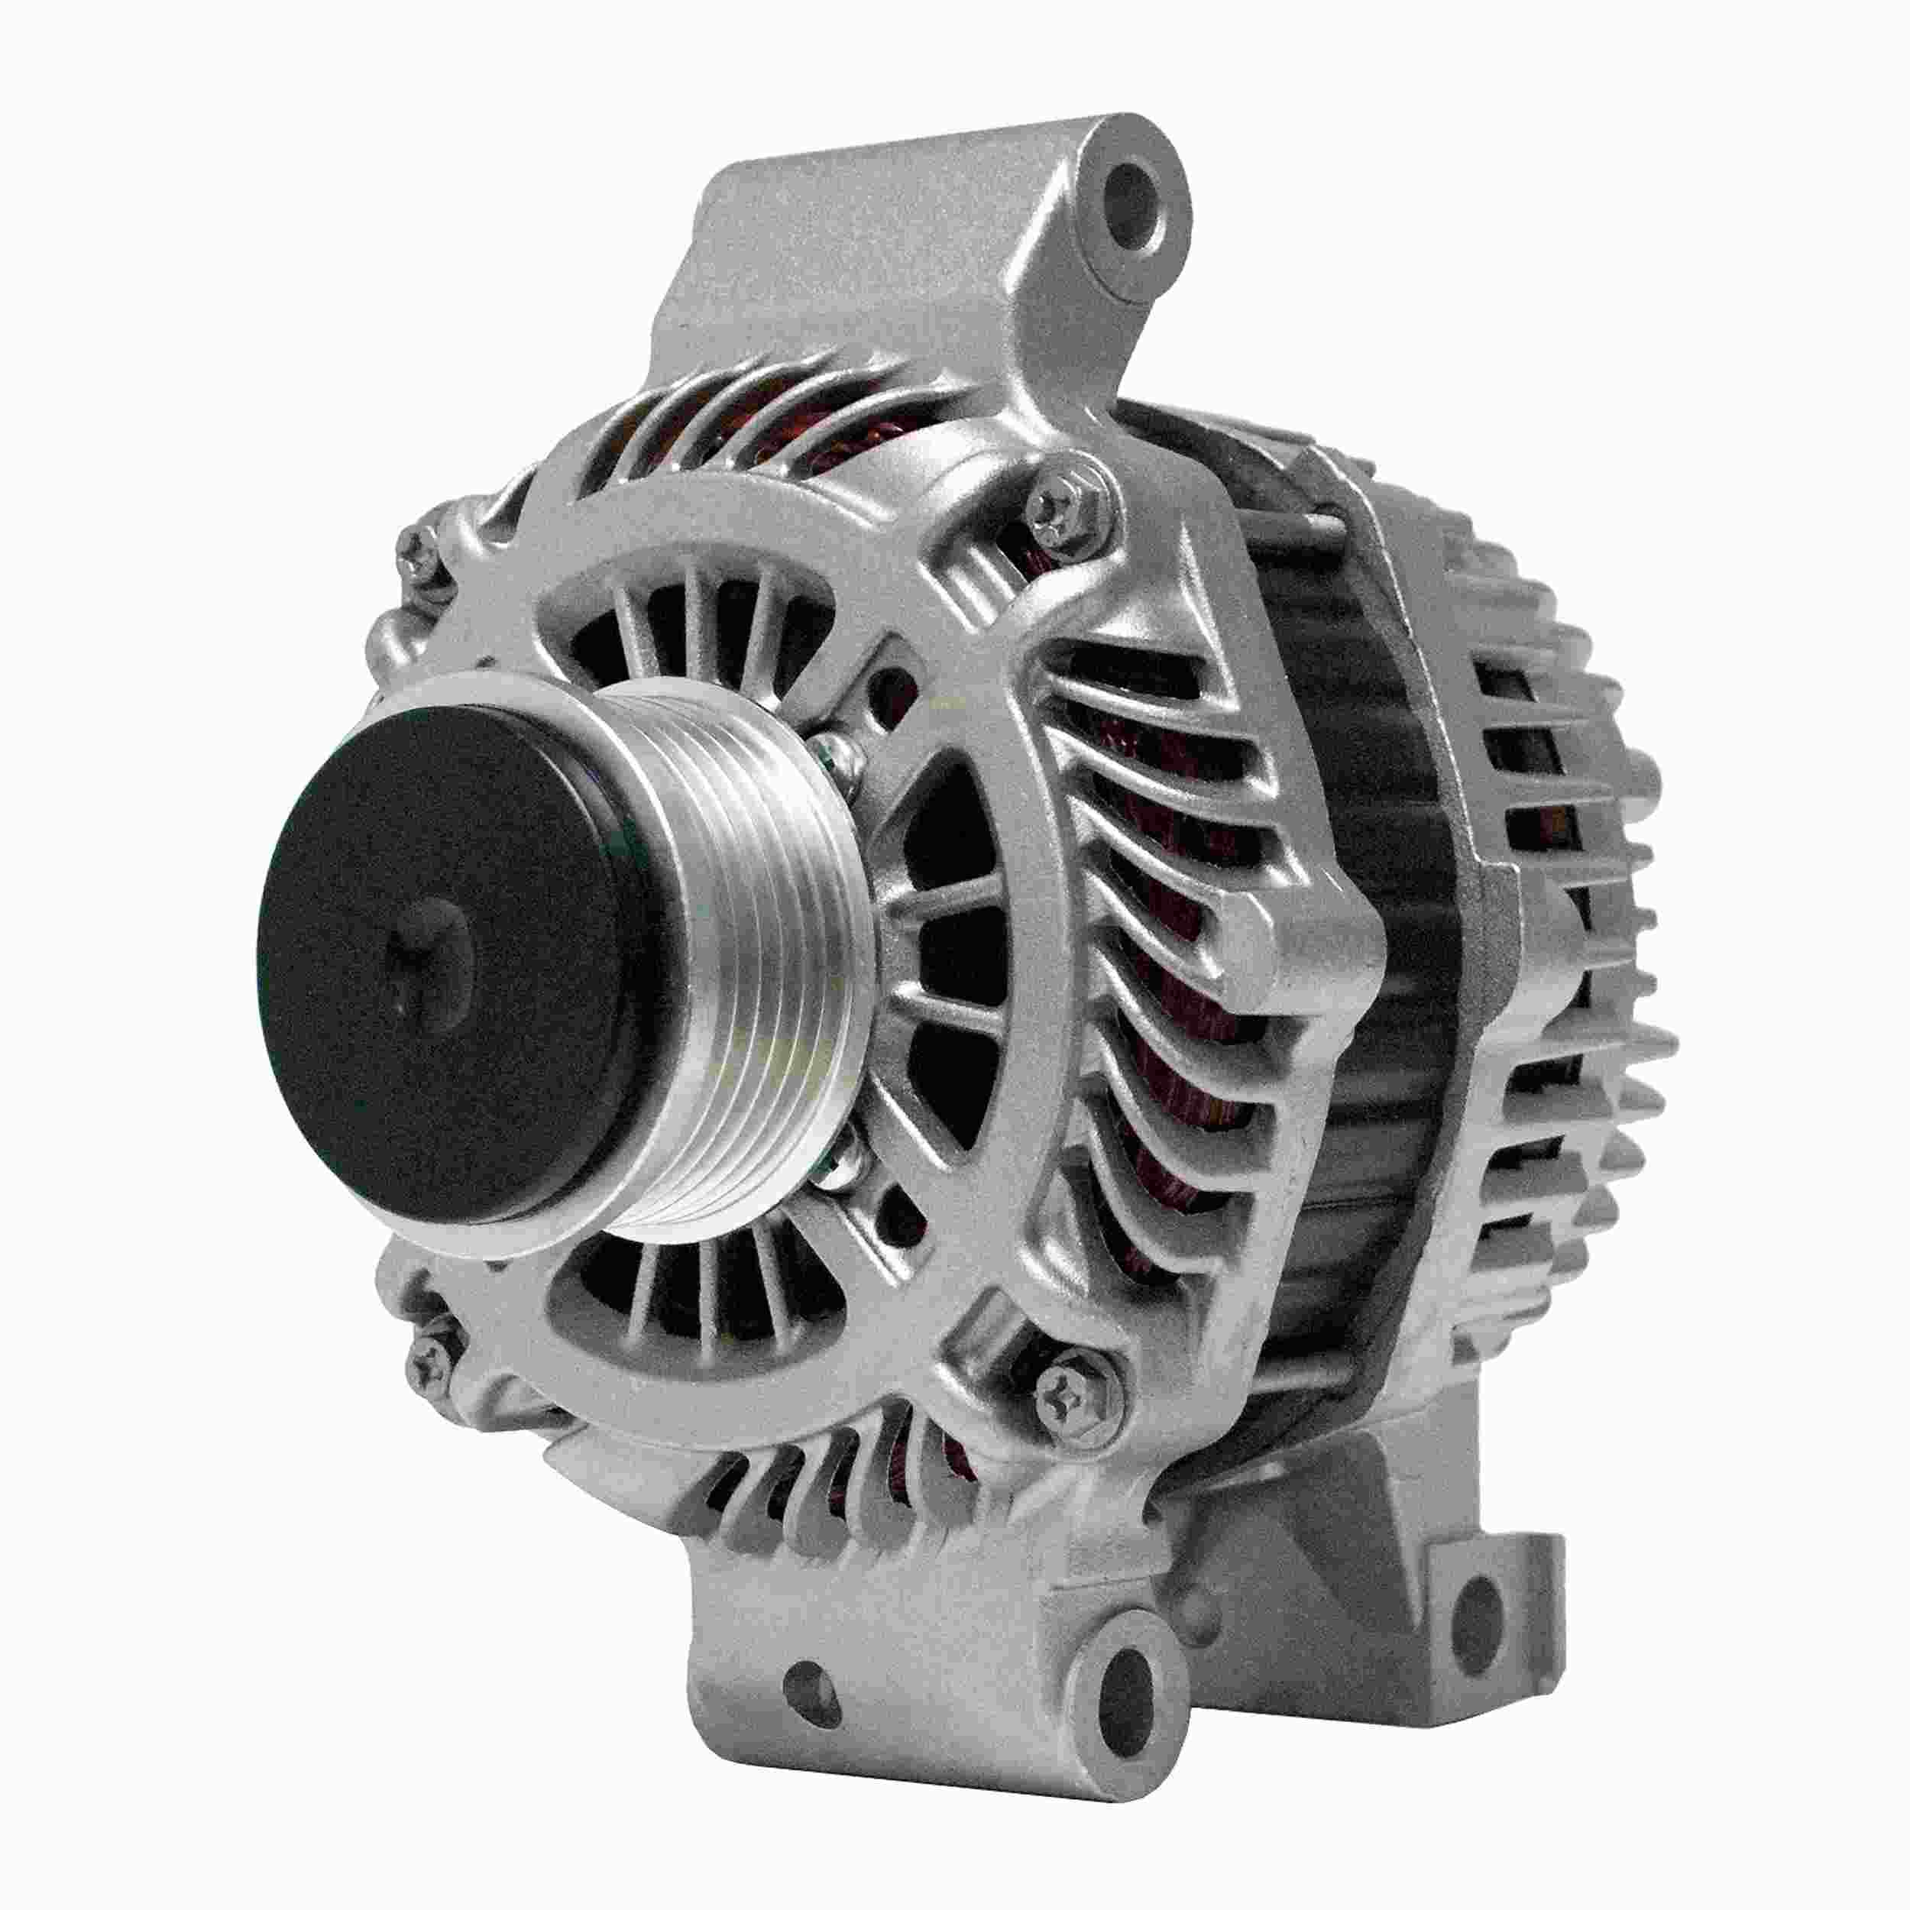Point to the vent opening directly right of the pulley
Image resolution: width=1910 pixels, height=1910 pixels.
pyautogui.click(x=949, y=949)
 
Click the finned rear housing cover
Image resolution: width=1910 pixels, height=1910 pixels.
pyautogui.click(x=1562, y=890)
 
